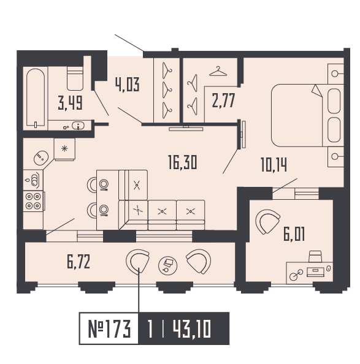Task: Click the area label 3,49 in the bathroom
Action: (70, 102)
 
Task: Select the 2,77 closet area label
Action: (224, 99)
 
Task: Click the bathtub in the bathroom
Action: (36, 98)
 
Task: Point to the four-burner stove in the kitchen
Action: (34, 201)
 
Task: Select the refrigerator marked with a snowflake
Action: (64, 148)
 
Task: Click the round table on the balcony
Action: (167, 264)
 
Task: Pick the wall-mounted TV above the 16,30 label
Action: (188, 127)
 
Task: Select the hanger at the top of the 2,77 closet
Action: (217, 72)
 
